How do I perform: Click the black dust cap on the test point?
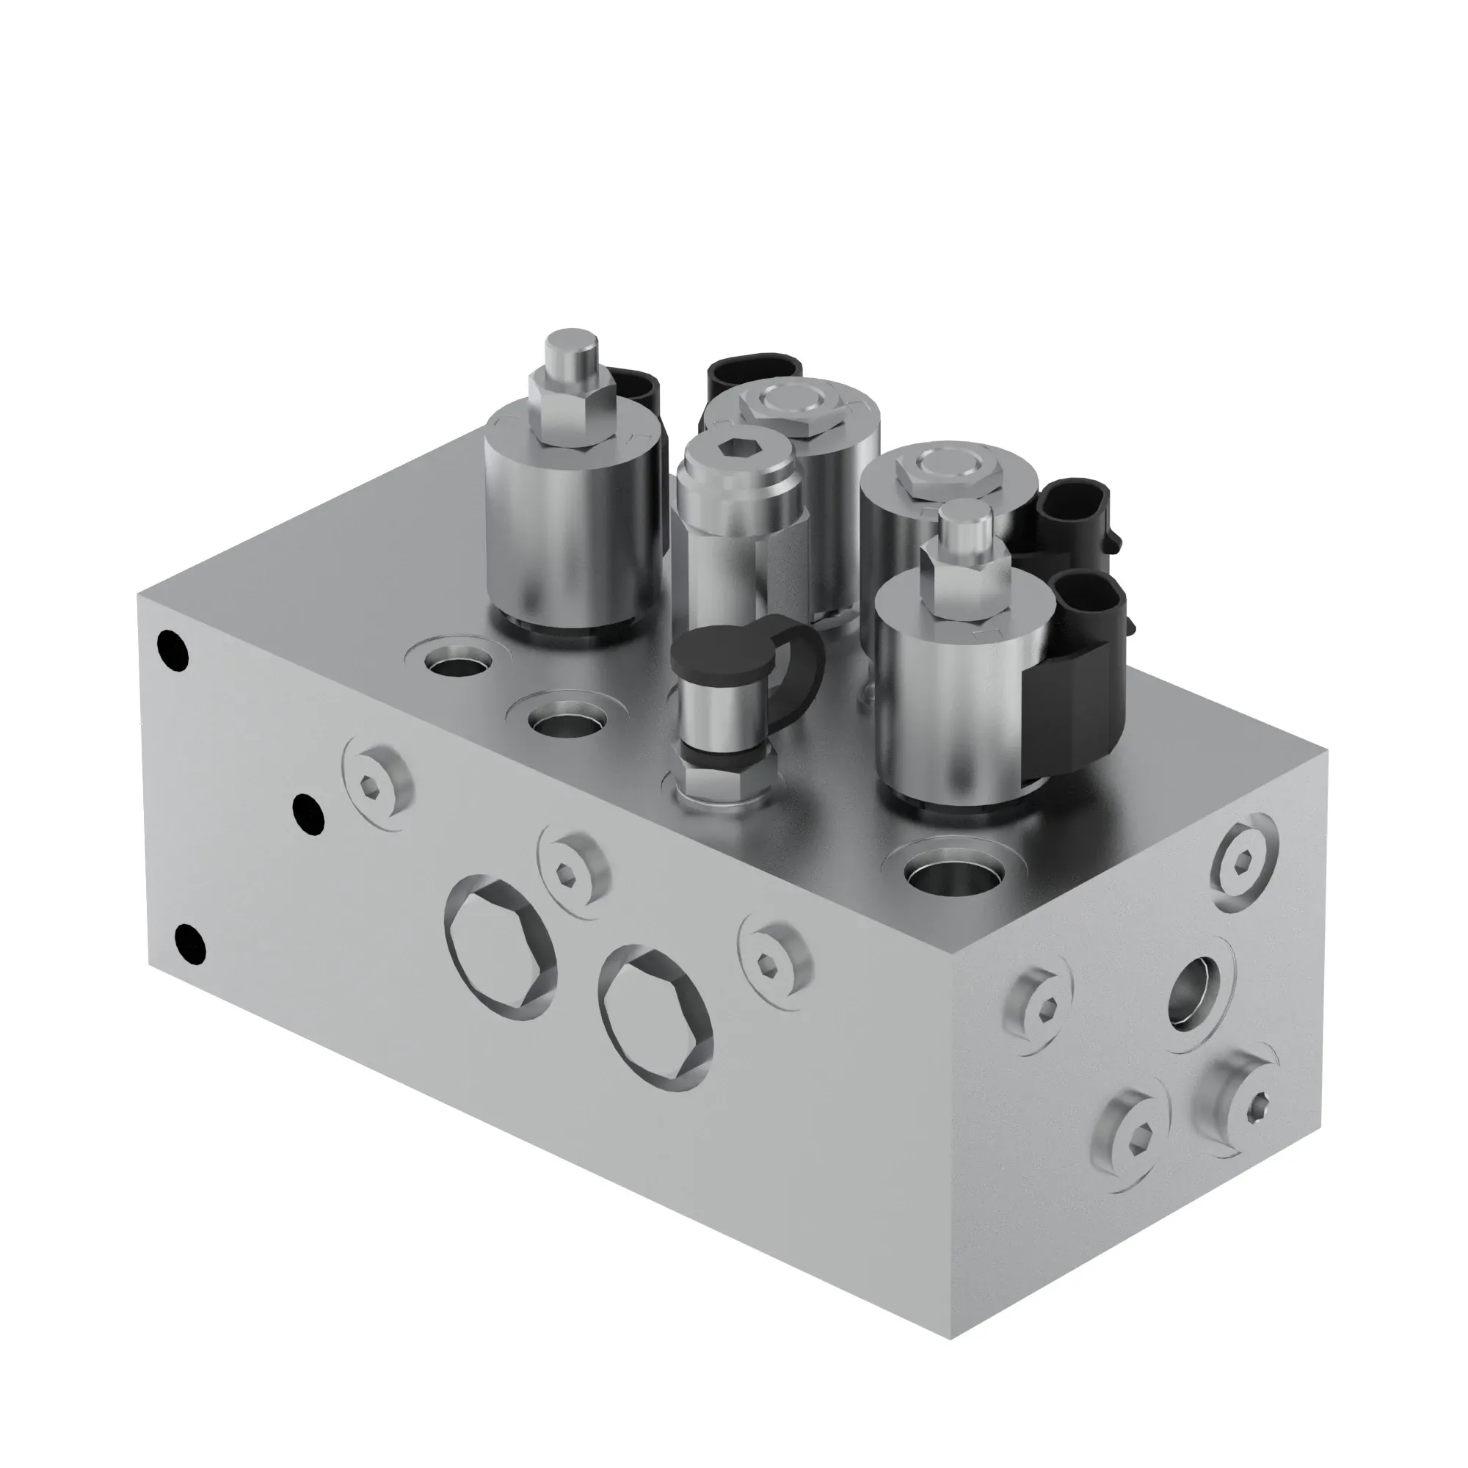click(x=708, y=654)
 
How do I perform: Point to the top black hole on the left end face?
click(x=172, y=651)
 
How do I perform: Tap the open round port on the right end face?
click(x=1191, y=993)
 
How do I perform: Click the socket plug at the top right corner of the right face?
click(x=1244, y=861)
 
